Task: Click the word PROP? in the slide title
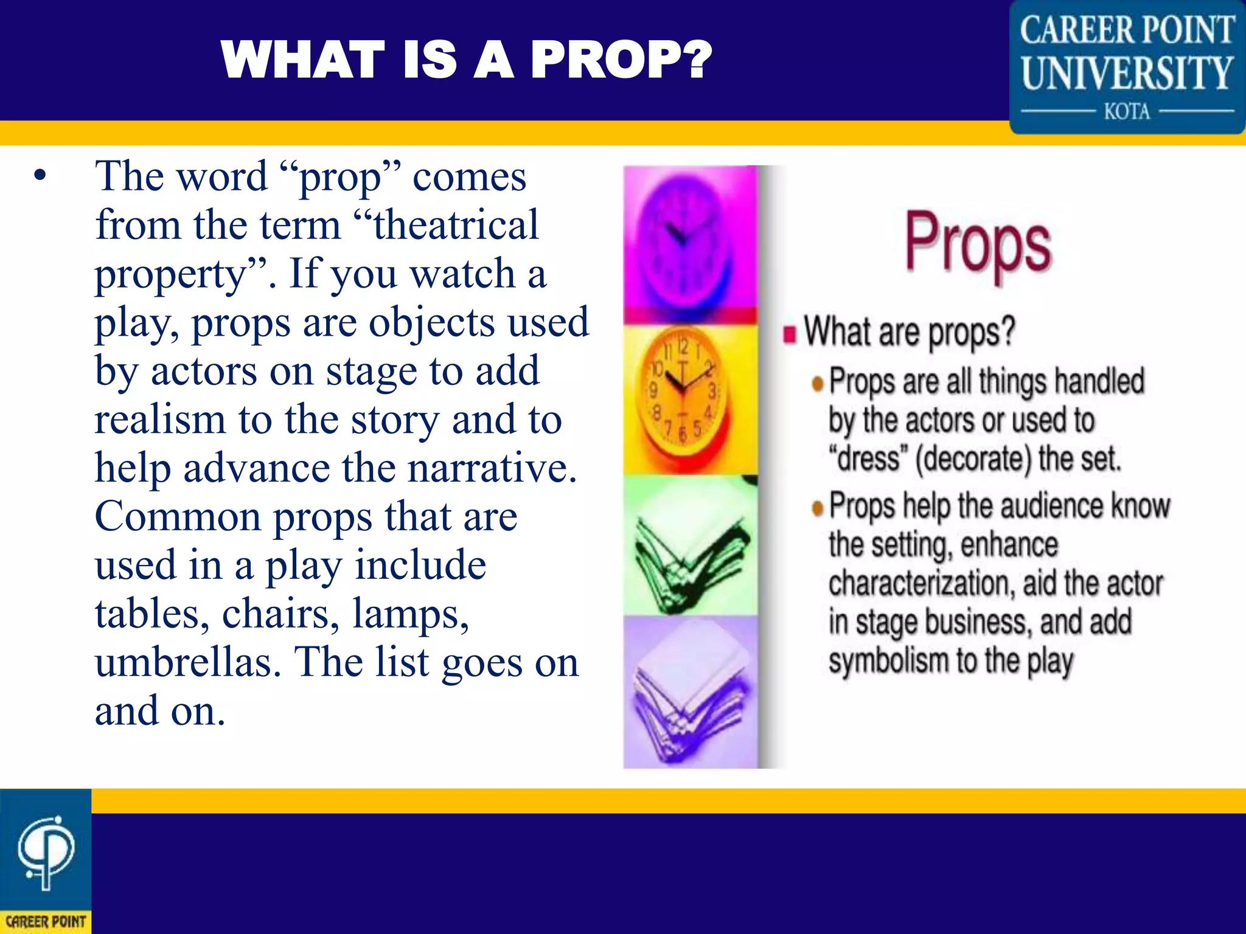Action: [x=621, y=60]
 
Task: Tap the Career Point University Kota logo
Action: [x=1127, y=67]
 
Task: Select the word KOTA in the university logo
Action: [x=1127, y=112]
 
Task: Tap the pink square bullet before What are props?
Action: [x=790, y=334]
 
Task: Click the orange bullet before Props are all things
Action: [x=818, y=383]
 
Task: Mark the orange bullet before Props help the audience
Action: [x=818, y=507]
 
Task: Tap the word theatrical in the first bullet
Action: [x=456, y=225]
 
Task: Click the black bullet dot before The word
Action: [x=40, y=176]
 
